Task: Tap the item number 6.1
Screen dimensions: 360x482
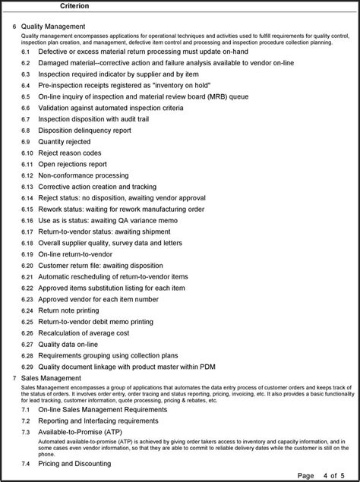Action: click(25, 52)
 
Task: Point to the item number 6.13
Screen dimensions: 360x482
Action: click(27, 185)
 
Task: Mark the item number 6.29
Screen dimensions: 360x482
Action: click(27, 366)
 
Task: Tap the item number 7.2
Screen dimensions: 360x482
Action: click(25, 420)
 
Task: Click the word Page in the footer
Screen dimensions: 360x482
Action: click(305, 475)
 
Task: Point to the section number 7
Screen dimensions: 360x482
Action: click(14, 378)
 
